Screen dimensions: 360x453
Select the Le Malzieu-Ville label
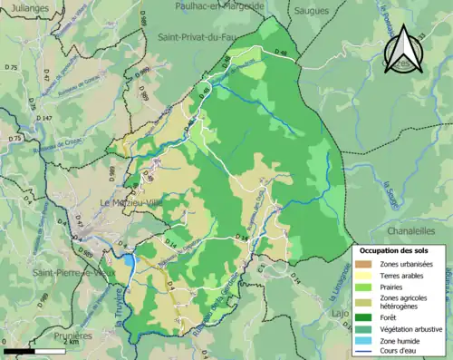(x=136, y=202)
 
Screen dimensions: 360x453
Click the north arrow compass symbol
(x=402, y=51)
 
